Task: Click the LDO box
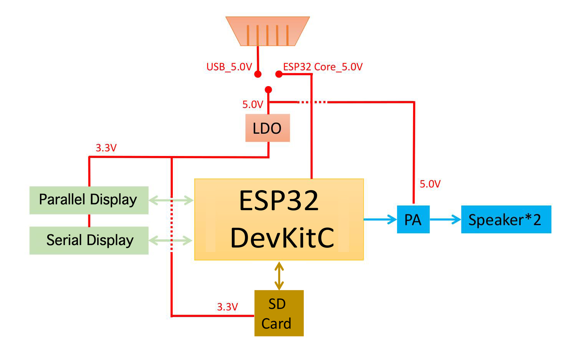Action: tap(267, 128)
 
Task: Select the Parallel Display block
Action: tap(89, 200)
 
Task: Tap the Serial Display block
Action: tap(89, 240)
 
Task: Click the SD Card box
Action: tap(279, 313)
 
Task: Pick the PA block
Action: tap(413, 219)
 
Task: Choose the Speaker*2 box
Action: tap(506, 219)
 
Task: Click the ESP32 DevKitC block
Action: tap(279, 219)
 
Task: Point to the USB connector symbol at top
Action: tap(268, 31)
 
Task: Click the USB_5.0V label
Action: tap(229, 67)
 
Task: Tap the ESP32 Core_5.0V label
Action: tap(323, 67)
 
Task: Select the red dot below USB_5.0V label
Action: tap(258, 74)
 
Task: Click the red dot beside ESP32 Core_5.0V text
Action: tap(279, 74)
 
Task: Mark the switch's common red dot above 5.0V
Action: tap(268, 90)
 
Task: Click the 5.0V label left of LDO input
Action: tap(252, 105)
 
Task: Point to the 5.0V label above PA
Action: tap(430, 184)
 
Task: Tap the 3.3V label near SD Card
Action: tap(227, 307)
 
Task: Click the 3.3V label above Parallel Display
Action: tap(106, 148)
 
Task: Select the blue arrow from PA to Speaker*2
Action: tap(445, 219)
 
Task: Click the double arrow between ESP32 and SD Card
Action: tap(279, 275)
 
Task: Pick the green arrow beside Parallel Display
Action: tap(171, 200)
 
